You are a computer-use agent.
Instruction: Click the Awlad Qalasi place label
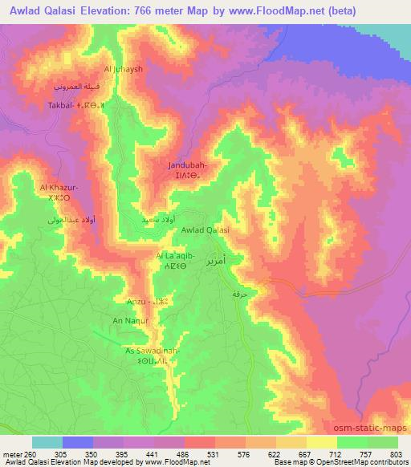pyautogui.click(x=206, y=230)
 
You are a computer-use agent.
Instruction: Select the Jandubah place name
pyautogui.click(x=188, y=165)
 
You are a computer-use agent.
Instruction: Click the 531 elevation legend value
pyautogui.click(x=213, y=453)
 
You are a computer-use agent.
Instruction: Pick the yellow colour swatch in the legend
pyautogui.click(x=322, y=442)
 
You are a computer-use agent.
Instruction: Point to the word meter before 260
pyautogui.click(x=14, y=453)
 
